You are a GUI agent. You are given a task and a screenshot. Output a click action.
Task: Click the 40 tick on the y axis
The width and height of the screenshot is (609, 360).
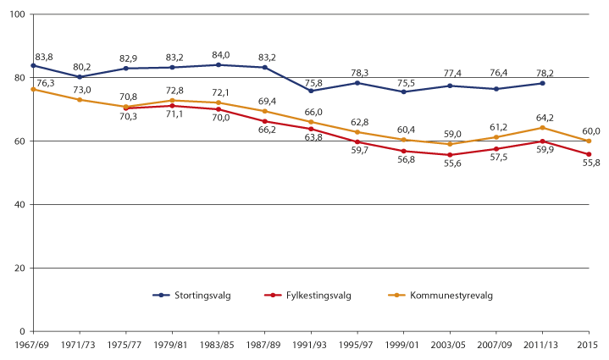tap(19, 205)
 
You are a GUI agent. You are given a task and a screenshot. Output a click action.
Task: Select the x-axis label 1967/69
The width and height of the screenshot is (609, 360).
tap(32, 346)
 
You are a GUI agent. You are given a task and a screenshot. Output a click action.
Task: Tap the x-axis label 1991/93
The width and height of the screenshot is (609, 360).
tap(312, 346)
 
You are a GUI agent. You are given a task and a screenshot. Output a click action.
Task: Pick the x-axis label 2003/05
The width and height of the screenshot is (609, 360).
tap(450, 346)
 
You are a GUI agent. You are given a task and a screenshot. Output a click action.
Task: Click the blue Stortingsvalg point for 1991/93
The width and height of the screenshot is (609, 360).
tap(311, 91)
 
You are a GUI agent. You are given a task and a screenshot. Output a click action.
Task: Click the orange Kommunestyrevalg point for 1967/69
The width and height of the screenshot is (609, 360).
tap(32, 89)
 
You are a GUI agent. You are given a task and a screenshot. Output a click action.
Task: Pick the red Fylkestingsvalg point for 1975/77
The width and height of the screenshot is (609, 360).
tap(125, 108)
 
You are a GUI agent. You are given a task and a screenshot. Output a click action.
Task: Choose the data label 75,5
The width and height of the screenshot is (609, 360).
tap(405, 82)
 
